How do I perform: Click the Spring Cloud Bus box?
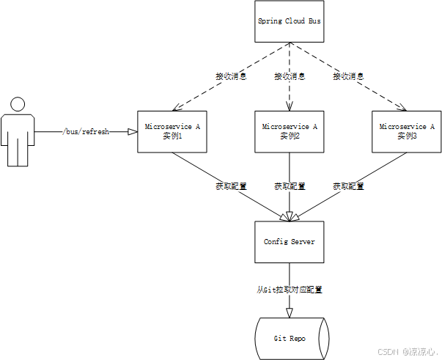[289, 21]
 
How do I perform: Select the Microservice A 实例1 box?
[172, 131]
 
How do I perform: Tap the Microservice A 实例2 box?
[289, 131]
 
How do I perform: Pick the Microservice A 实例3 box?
[407, 131]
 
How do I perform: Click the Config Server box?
[289, 241]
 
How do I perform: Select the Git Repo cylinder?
[289, 338]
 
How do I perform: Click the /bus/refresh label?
[86, 132]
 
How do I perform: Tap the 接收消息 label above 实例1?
[230, 76]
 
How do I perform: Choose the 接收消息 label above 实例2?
[289, 76]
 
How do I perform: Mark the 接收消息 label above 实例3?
[348, 76]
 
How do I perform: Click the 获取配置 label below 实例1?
[230, 186]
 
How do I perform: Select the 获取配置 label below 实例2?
[289, 186]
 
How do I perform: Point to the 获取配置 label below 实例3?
[348, 186]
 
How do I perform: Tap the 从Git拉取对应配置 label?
[289, 290]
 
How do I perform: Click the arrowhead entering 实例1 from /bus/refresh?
[133, 132]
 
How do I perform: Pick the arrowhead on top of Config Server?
[289, 216]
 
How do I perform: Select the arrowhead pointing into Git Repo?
[289, 314]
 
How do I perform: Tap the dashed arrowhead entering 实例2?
[289, 106]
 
